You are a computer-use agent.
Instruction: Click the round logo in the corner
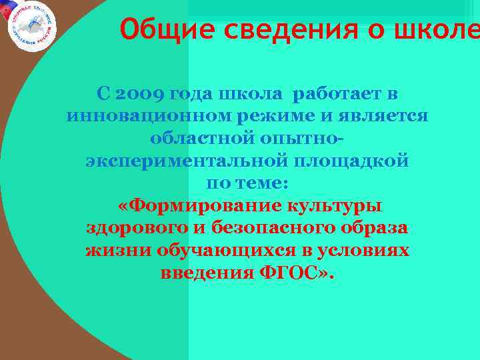coord(31,25)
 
